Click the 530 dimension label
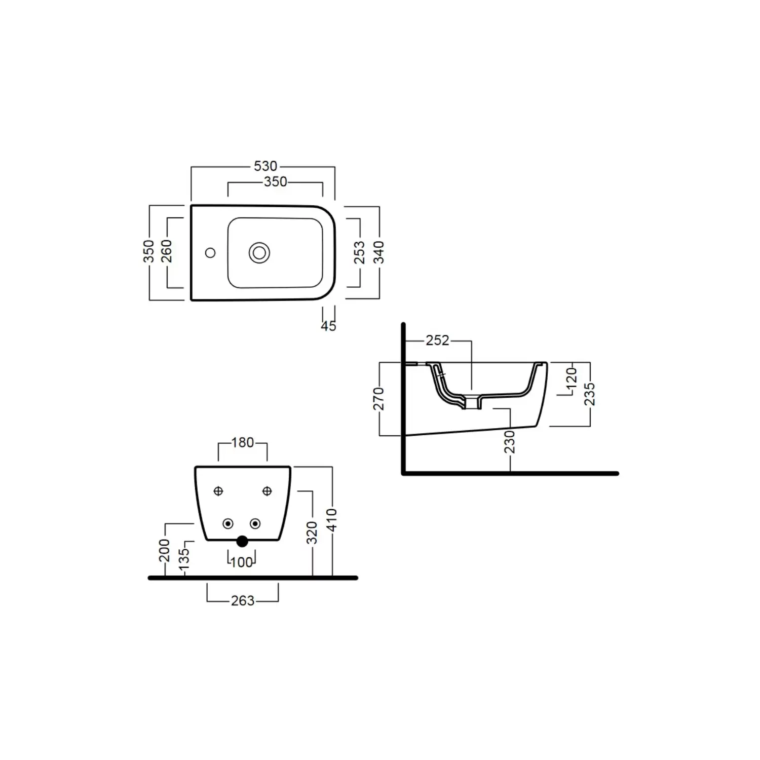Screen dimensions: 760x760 pyautogui.click(x=265, y=166)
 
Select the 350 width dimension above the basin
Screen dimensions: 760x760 pyautogui.click(x=275, y=182)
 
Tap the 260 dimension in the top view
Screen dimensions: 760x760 pyautogui.click(x=167, y=251)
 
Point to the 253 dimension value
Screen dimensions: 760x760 pyautogui.click(x=359, y=252)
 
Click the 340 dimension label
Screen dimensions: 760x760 pyautogui.click(x=379, y=252)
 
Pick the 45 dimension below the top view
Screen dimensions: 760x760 pyautogui.click(x=328, y=326)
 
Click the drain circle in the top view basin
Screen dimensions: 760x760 pyautogui.click(x=259, y=253)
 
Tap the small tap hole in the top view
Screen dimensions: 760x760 pyautogui.click(x=210, y=252)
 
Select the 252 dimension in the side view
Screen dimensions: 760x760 pyautogui.click(x=437, y=340)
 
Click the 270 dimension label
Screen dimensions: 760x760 pyautogui.click(x=379, y=398)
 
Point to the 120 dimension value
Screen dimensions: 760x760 pyautogui.click(x=572, y=378)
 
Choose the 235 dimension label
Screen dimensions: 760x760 pyautogui.click(x=590, y=394)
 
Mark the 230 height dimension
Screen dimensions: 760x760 pyautogui.click(x=510, y=442)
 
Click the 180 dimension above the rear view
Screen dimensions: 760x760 pyautogui.click(x=242, y=443)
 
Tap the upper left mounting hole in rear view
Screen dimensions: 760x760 pyautogui.click(x=218, y=490)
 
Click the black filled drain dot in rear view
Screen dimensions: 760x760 pyautogui.click(x=242, y=541)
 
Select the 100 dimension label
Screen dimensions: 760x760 pyautogui.click(x=241, y=562)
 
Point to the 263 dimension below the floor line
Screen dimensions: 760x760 pyautogui.click(x=242, y=601)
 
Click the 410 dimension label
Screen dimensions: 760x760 pyautogui.click(x=332, y=520)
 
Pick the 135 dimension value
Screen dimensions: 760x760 pyautogui.click(x=185, y=559)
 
